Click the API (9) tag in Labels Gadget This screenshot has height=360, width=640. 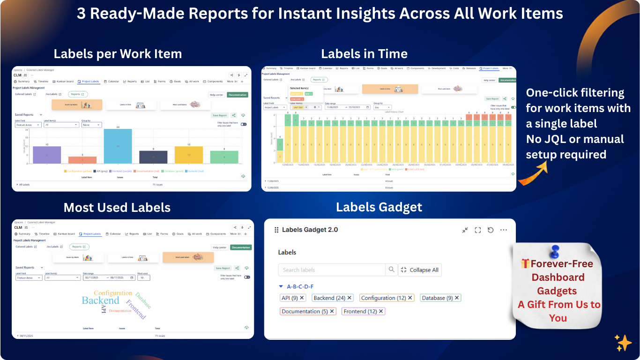[289, 298]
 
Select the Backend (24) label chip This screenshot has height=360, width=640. [329, 298]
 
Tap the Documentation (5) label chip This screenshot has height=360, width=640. [305, 311]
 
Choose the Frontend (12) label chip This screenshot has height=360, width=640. [360, 311]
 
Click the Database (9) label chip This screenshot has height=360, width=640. [437, 298]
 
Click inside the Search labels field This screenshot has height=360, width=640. [331, 270]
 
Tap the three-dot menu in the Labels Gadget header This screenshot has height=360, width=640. [503, 230]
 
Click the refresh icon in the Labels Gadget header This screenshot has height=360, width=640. [491, 230]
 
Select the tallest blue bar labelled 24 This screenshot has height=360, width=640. [118, 146]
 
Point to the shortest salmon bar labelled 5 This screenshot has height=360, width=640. [82, 160]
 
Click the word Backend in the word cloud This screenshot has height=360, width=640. [100, 300]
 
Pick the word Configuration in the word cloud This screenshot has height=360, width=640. [113, 293]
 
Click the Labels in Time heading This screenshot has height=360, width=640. [364, 54]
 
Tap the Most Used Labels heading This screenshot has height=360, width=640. [117, 208]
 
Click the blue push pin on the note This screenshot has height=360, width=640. [556, 252]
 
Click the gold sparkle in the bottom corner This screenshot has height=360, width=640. [623, 343]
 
